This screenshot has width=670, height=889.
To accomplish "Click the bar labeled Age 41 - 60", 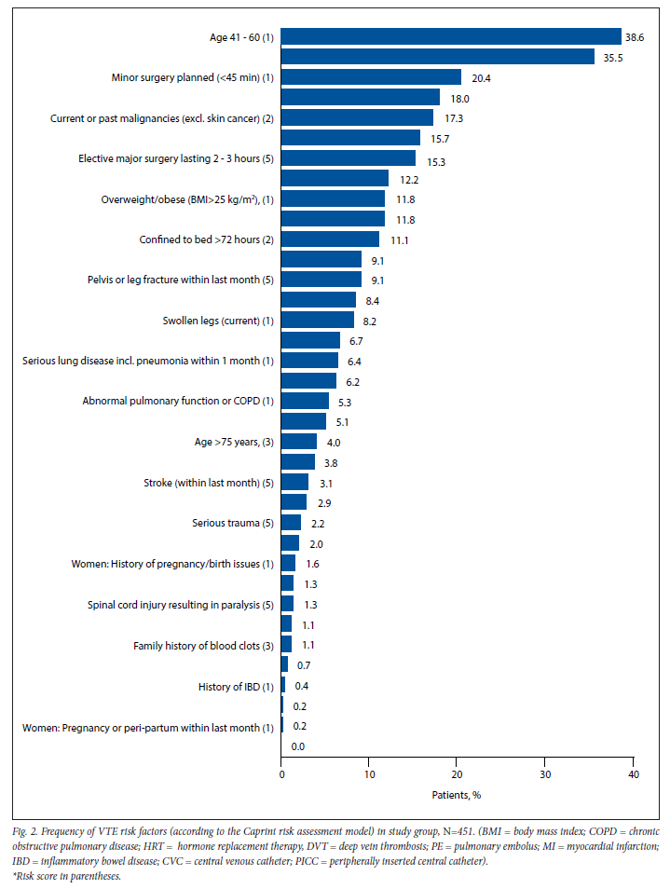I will (x=451, y=36).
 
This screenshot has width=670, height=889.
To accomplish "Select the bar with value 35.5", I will (x=438, y=57).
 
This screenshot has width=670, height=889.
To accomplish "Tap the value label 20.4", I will (x=481, y=77).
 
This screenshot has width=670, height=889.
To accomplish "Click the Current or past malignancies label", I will (x=161, y=118).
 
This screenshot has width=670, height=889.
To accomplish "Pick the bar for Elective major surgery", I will (x=349, y=158).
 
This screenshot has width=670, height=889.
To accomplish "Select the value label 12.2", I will (x=408, y=179).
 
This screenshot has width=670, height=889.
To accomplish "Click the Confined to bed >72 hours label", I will (x=206, y=239).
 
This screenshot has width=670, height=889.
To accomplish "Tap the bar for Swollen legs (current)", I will (x=318, y=321).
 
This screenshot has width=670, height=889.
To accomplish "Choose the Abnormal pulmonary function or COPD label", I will (x=178, y=402).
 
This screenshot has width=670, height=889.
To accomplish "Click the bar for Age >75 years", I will (x=299, y=442).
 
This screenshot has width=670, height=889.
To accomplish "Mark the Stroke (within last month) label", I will (x=209, y=483).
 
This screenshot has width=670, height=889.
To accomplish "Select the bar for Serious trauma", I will (x=292, y=523).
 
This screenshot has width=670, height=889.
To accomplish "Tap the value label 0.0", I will (x=298, y=746).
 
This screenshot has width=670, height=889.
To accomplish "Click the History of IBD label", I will (x=236, y=686).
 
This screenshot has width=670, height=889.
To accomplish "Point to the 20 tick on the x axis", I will (x=457, y=774).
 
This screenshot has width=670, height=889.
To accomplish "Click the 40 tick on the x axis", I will (x=633, y=774).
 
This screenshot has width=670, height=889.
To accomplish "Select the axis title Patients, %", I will (x=456, y=795).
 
